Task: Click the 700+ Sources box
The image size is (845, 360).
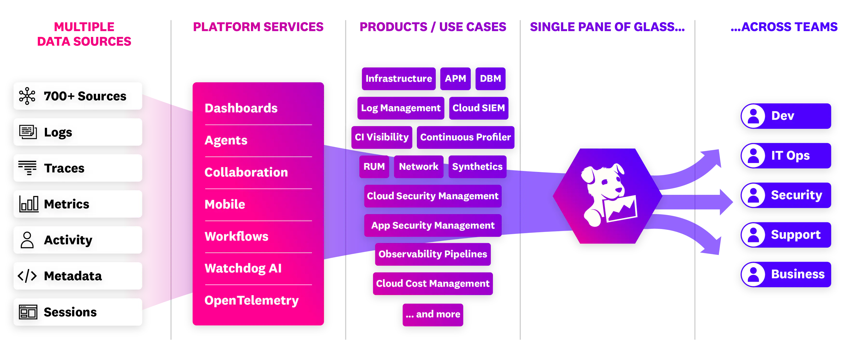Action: [78, 96]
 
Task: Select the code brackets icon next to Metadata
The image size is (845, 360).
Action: [27, 276]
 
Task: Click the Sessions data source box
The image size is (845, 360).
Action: [78, 312]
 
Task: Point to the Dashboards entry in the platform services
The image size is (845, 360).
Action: [241, 108]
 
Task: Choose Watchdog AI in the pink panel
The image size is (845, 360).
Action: [243, 268]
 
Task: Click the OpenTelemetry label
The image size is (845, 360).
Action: [252, 300]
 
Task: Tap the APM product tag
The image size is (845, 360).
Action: [455, 79]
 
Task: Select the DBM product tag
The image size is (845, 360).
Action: [491, 79]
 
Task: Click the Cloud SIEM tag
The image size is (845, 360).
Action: [479, 108]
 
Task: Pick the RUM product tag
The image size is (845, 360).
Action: [374, 167]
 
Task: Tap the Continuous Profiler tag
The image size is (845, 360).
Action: [465, 137]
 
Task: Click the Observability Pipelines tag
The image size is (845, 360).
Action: [433, 254]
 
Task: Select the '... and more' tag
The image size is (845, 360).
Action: [433, 314]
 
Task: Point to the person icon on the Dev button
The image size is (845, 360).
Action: [753, 116]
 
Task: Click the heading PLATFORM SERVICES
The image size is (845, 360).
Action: [258, 27]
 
